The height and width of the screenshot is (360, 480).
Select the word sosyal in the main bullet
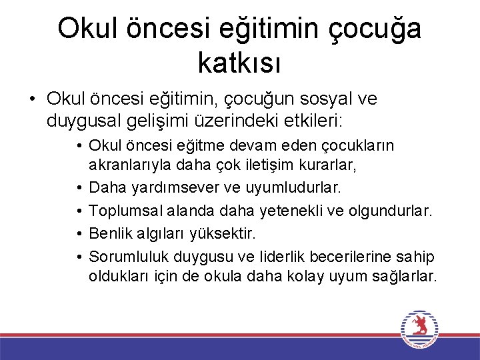pyautogui.click(x=319, y=99)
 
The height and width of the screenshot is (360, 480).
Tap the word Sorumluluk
pyautogui.click(x=129, y=256)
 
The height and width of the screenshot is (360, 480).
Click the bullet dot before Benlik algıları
pyautogui.click(x=79, y=234)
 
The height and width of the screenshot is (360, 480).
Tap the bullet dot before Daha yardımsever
pyautogui.click(x=79, y=189)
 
